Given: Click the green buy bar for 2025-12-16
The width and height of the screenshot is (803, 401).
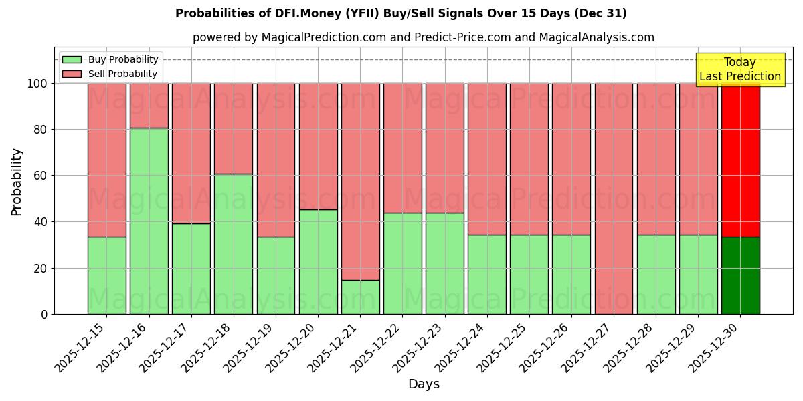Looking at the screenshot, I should pos(149,221).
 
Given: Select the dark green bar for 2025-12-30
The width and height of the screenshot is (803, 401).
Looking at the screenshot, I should pos(740,275).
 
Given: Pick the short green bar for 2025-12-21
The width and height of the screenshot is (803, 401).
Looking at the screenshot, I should pos(360,297).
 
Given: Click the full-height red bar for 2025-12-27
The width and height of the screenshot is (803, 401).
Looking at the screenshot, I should pos(614,198).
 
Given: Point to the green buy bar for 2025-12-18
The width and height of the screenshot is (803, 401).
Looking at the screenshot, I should pos(234,244).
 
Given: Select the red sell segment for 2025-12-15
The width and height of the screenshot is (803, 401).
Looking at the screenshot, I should pos(106,160).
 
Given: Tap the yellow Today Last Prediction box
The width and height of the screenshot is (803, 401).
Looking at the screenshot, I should pos(739,70).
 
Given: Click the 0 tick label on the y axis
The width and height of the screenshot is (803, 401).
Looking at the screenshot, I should pos(44,314).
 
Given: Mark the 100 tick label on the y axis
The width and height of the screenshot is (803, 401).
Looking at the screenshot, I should pos(37,84).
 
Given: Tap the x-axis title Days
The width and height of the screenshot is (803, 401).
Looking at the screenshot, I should pos(424,384).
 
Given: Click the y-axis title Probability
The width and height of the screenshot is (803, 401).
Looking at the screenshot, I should pos(17,182).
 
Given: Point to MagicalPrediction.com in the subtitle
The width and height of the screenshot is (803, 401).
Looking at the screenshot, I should pos(323,37).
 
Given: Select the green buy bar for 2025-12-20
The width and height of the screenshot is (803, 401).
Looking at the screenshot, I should pos(318,261).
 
